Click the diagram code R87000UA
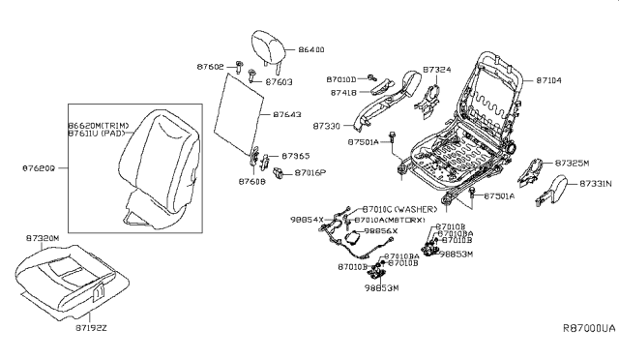coord(588,328)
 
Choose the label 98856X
coord(379,232)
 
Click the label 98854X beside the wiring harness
coord(308,220)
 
